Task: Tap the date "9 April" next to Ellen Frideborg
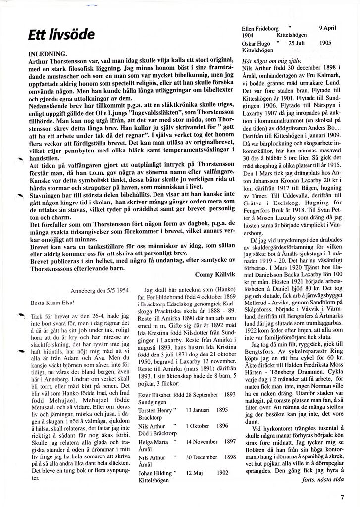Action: [328, 28]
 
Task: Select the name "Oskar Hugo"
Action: [257, 43]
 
